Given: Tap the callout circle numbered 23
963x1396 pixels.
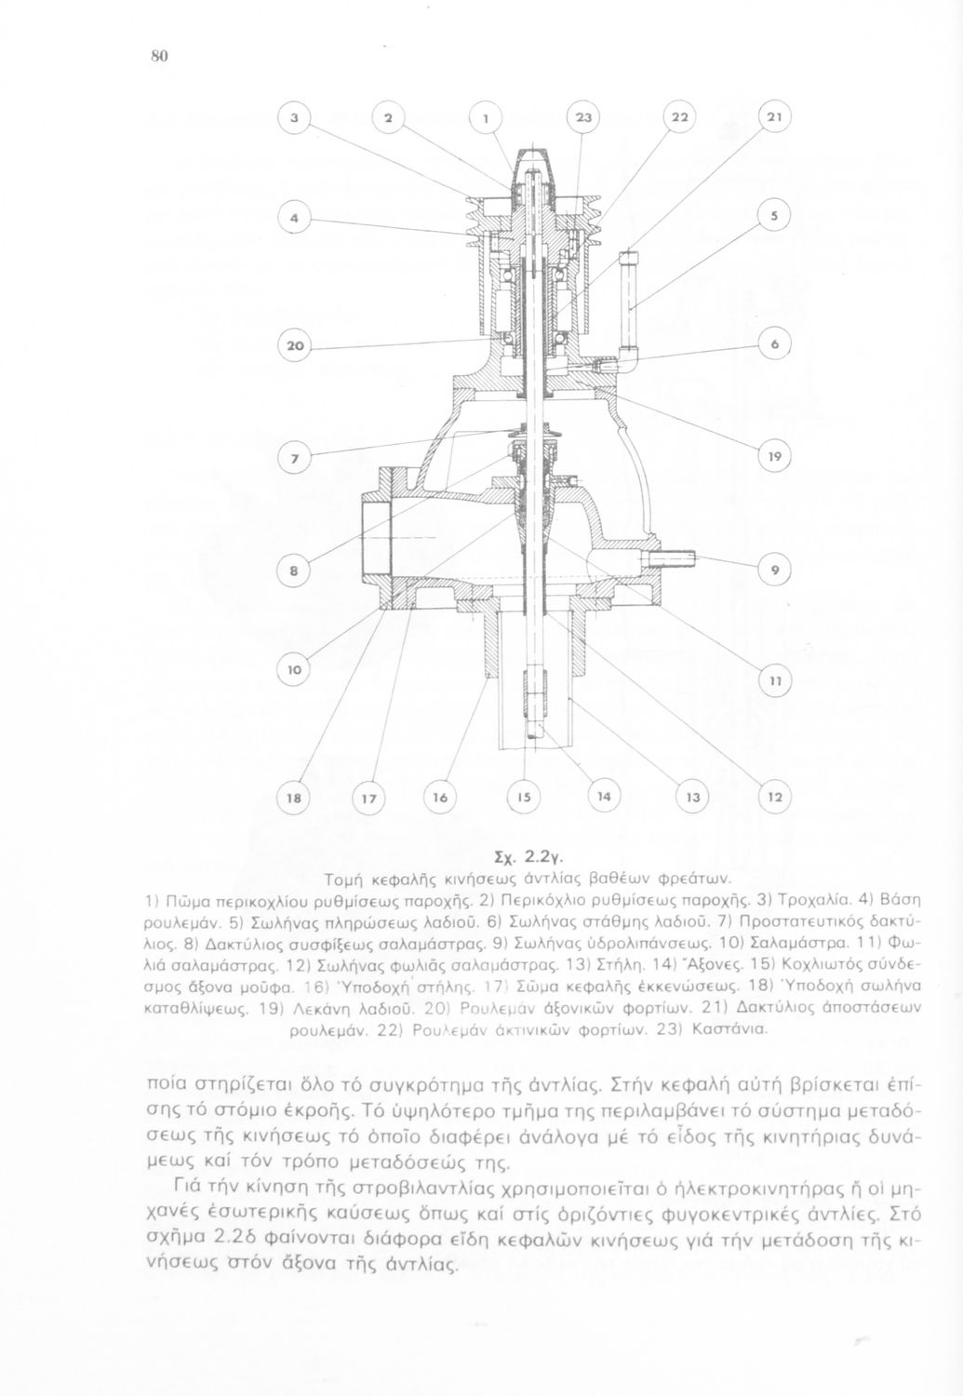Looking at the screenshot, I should pyautogui.click(x=583, y=118).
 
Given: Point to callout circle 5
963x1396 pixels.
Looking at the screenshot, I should pyautogui.click(x=773, y=216).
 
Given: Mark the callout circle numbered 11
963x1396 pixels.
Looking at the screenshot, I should pyautogui.click(x=774, y=682).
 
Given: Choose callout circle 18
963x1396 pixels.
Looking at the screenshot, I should pyautogui.click(x=296, y=799).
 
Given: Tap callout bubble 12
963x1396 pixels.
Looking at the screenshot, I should pyautogui.click(x=774, y=799).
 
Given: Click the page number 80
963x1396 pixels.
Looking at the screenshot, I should pyautogui.click(x=158, y=57).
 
